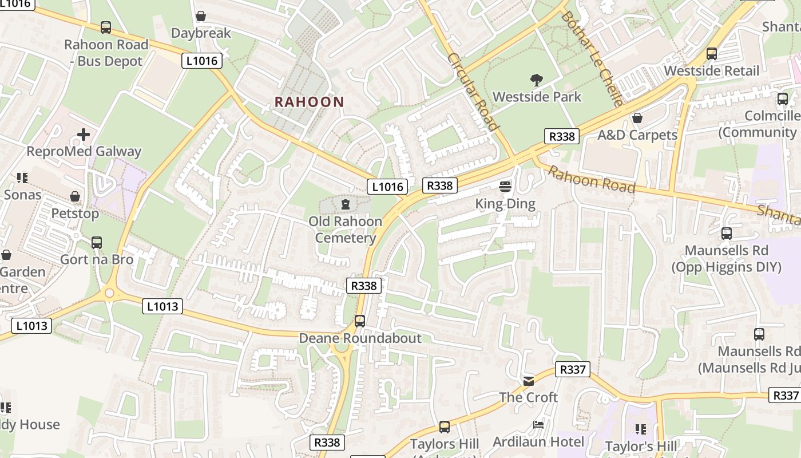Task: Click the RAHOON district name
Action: (x=309, y=102)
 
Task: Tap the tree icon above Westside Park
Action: (x=537, y=80)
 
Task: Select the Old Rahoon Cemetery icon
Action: (x=346, y=204)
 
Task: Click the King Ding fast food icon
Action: (x=505, y=186)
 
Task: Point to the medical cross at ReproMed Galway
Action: (x=84, y=135)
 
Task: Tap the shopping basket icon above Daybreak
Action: (x=201, y=16)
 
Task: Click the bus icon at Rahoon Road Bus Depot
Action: (x=106, y=27)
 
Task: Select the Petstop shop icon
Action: (x=75, y=196)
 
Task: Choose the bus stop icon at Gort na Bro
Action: (x=97, y=242)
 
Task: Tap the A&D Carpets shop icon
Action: (x=637, y=118)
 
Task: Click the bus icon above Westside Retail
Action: (x=712, y=54)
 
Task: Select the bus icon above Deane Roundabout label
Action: (x=360, y=321)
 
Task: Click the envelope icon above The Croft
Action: (x=529, y=381)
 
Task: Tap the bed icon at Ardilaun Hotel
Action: (x=538, y=425)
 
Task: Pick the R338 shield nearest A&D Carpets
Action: (x=561, y=136)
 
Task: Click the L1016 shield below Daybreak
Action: (x=202, y=61)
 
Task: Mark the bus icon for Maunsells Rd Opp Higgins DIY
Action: (x=727, y=234)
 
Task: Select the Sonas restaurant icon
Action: (x=22, y=178)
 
